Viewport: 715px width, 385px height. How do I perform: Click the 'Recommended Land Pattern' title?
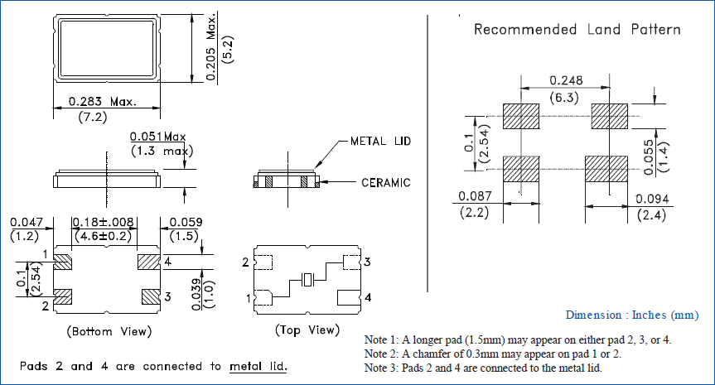click(577, 30)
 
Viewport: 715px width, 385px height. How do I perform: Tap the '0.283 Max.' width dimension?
click(103, 101)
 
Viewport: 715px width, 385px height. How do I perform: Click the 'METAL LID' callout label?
click(380, 141)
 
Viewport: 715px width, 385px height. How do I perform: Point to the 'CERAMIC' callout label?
click(385, 183)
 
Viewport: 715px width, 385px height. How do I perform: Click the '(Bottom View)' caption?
click(109, 331)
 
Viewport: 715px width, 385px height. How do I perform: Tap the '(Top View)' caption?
click(307, 330)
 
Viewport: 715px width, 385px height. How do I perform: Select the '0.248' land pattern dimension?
click(566, 80)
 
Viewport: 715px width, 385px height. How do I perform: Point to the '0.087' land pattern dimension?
click(476, 197)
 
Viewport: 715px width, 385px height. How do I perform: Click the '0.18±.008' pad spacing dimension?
click(104, 222)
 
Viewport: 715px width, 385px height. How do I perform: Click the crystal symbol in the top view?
click(308, 280)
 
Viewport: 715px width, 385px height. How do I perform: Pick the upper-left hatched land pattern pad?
click(520, 117)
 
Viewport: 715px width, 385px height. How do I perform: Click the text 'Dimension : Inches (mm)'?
click(632, 315)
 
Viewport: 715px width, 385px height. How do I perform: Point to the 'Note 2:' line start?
click(382, 354)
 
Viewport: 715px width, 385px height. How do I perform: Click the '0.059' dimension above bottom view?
click(184, 222)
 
